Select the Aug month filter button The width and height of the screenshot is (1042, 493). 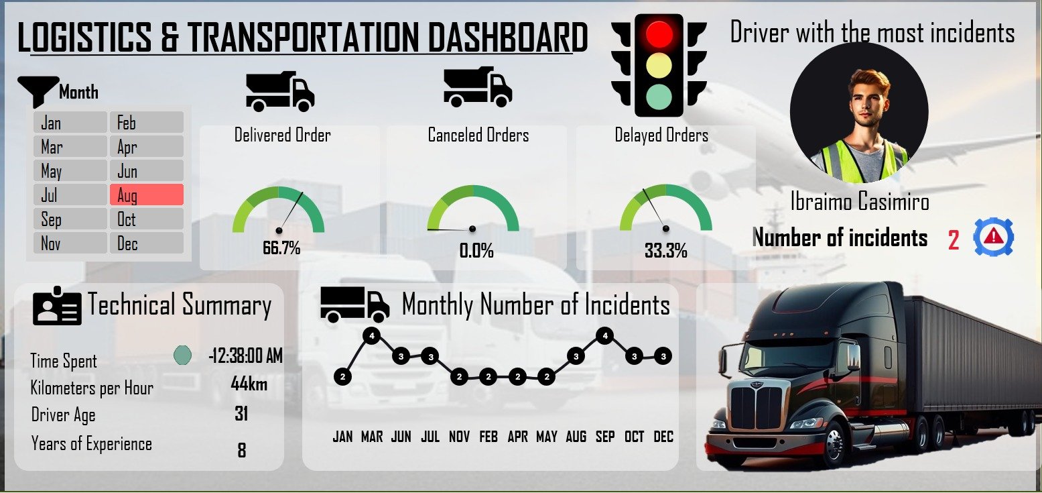146,195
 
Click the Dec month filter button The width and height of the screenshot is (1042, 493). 146,243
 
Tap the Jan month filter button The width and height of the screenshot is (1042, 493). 70,123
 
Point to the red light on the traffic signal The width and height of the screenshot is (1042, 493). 659,34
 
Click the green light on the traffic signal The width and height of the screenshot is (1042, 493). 659,97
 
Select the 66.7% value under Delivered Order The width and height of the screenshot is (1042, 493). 281,249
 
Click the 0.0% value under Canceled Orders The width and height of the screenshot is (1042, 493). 476,252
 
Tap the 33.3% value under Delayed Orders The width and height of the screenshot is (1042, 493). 665,252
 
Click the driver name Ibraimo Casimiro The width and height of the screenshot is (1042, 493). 859,202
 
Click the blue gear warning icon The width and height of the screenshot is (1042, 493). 994,237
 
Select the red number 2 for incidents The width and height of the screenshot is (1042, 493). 954,240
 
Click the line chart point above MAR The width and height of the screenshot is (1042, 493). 371,335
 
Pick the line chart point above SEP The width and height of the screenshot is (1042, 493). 605,335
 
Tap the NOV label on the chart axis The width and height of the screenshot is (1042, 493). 459,437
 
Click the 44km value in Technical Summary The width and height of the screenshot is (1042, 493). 249,384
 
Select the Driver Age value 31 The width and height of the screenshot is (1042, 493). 241,414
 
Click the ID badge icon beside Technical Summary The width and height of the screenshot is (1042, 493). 57,306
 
